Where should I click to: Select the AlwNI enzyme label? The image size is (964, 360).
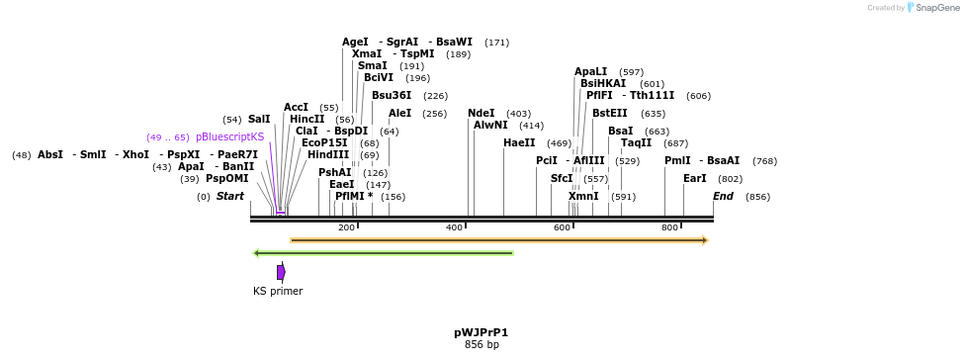490,126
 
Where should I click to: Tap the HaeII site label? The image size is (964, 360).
519,143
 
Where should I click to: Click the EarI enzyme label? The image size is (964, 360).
695,179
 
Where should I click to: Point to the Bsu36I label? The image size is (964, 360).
392,96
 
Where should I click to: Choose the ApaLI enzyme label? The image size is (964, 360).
591,72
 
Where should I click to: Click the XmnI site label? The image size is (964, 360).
583,197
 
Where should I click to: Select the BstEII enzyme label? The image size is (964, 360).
609,114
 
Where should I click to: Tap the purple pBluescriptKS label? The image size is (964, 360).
230,137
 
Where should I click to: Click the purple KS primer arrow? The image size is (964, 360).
282,272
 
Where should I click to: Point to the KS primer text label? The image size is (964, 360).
278,291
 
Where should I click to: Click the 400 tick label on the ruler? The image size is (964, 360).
454,228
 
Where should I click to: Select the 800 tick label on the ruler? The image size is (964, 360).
669,228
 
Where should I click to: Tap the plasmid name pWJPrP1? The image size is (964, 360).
482,332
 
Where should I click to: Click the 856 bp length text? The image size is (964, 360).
482,345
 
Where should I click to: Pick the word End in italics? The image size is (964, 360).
724,197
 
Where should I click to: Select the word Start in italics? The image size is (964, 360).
230,197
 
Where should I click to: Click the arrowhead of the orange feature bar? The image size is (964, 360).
704,240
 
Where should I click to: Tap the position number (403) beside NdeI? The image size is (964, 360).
518,114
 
